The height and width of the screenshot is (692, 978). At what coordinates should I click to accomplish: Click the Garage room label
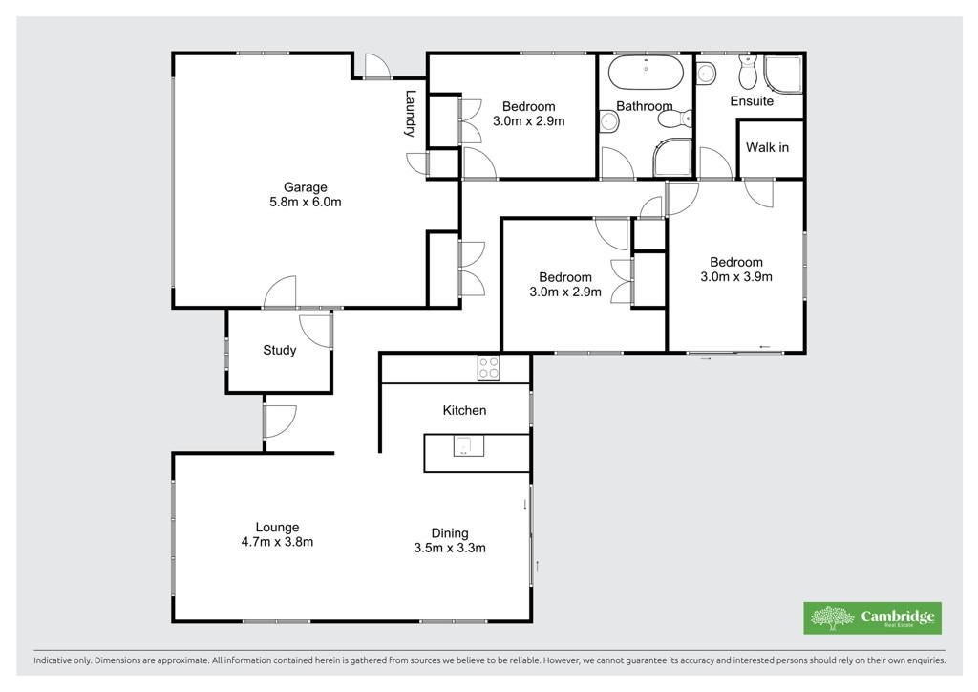pos(305,186)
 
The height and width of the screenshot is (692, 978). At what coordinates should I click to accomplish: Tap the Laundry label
pos(410,114)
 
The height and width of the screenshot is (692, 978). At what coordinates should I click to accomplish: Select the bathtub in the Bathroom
pos(646,73)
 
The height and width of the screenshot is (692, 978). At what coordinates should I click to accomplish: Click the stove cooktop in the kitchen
pos(488,367)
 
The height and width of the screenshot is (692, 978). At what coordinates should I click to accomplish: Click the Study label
pos(280,350)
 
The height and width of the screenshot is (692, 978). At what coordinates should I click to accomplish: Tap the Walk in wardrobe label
pos(767,147)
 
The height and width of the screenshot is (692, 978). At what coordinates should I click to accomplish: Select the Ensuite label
pos(752,100)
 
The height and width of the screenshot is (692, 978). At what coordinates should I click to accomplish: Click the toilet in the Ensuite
pos(747,72)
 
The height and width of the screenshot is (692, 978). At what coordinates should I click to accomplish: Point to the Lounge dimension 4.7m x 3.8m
pos(277,542)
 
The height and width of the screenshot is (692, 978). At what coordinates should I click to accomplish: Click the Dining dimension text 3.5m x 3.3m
pos(450,548)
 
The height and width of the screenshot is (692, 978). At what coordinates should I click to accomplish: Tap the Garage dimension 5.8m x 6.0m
pos(305,202)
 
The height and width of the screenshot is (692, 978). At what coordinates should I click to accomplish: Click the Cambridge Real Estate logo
pos(872,617)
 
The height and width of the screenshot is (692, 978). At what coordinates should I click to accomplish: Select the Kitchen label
pos(464,410)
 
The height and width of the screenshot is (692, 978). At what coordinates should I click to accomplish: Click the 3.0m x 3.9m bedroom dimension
pos(736,276)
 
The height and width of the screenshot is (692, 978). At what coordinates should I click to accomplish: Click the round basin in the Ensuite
pos(706,73)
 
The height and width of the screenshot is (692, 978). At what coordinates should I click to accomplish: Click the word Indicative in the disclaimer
pos(53,660)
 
